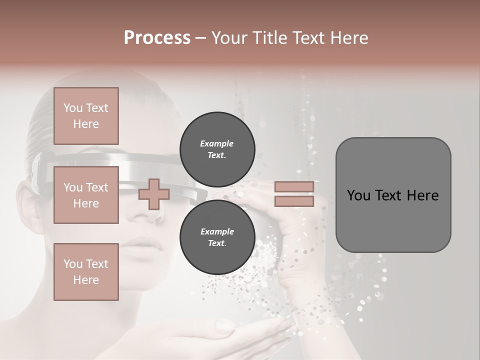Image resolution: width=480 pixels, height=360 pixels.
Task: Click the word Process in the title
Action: tap(157, 37)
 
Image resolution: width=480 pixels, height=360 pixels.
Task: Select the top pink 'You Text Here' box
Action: tap(86, 116)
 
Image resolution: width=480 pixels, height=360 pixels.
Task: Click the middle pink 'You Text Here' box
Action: tap(86, 195)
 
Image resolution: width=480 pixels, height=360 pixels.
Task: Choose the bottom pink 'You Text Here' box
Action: tap(86, 272)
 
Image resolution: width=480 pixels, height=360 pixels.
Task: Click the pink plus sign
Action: tap(154, 194)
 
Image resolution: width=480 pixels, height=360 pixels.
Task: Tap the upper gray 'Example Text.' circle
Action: tap(217, 149)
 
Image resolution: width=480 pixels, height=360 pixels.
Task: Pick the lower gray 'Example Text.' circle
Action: tap(217, 237)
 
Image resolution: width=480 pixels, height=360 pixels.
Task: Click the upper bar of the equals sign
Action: tap(294, 187)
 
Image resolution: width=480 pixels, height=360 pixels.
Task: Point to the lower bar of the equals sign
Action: tap(294, 201)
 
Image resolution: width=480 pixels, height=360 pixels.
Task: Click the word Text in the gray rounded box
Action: tap(388, 195)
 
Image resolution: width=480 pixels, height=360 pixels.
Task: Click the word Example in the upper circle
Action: tap(217, 143)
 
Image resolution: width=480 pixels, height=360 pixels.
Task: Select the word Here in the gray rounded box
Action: tap(423, 195)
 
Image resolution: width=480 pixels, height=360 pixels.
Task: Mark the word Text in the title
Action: tap(306, 37)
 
